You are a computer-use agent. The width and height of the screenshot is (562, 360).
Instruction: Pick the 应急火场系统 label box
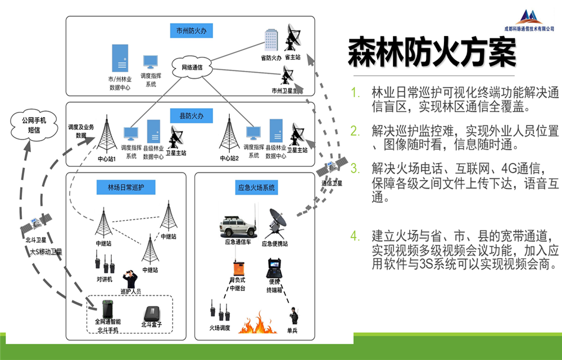(256, 187)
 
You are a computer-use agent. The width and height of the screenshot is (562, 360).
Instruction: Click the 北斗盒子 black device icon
(152, 313)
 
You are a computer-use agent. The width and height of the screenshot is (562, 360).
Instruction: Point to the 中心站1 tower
(106, 136)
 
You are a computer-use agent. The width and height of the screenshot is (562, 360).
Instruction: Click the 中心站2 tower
(228, 135)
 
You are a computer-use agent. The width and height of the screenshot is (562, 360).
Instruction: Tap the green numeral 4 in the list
(354, 236)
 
